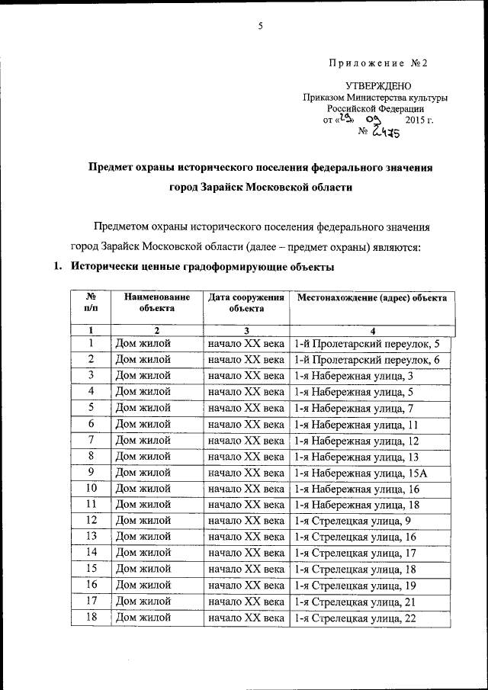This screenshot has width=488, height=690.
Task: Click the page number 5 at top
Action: (260, 26)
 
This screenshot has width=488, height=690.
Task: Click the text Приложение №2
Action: (378, 63)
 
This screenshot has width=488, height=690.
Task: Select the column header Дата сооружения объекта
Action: (246, 303)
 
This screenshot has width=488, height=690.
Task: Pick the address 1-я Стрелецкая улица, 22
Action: (355, 618)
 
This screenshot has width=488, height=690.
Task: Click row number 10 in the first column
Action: (91, 489)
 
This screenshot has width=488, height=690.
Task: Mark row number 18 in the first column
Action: (91, 618)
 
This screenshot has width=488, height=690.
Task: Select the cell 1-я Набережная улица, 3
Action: (354, 375)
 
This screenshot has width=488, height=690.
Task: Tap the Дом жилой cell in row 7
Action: (143, 440)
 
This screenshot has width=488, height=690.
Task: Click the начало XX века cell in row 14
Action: (246, 553)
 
